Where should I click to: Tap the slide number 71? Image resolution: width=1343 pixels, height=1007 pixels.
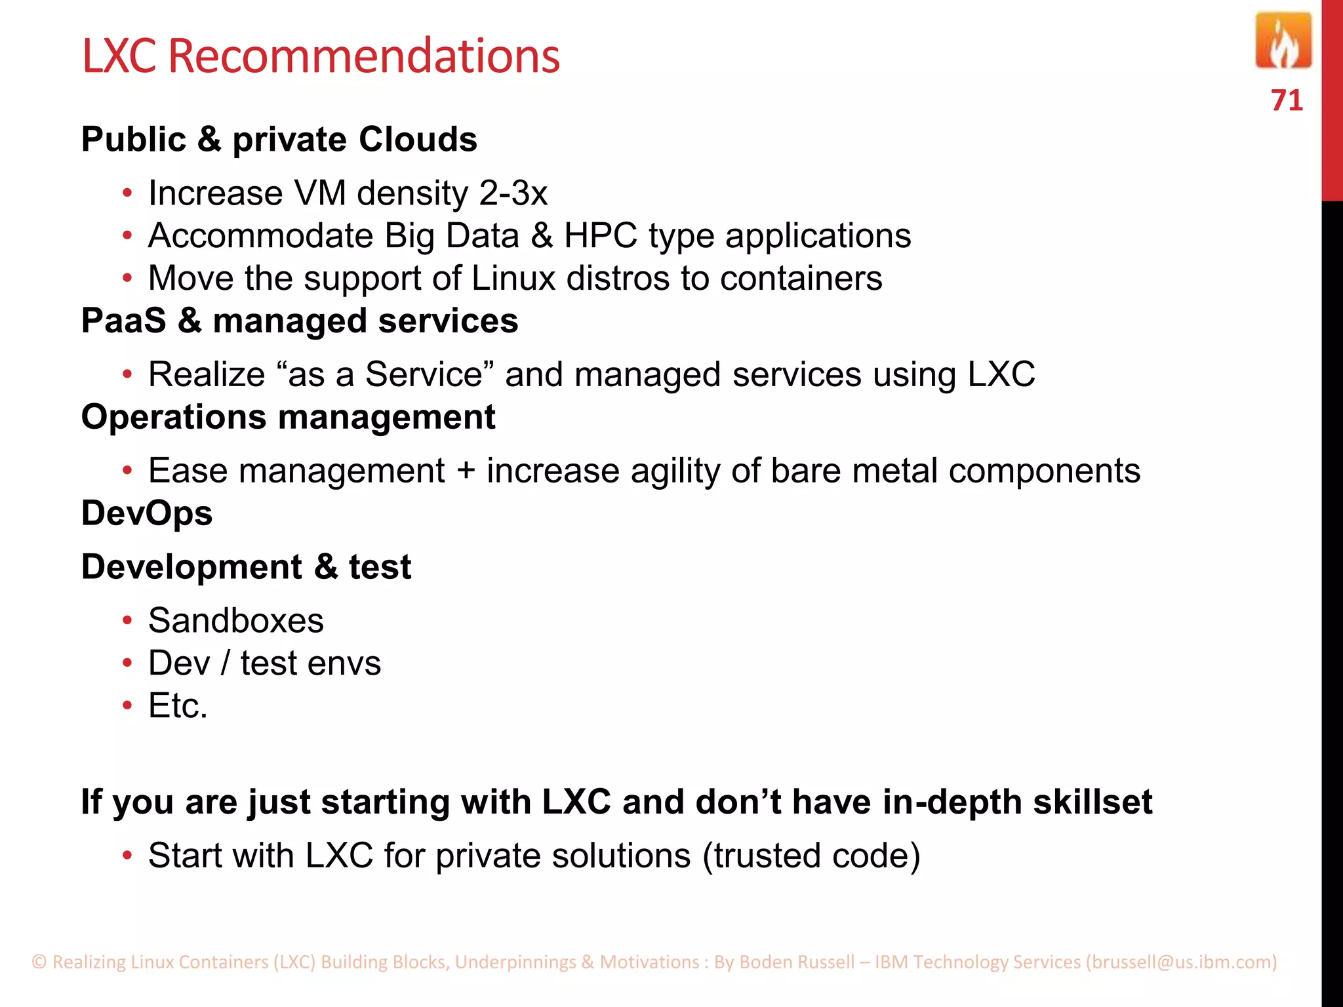pos(1287,100)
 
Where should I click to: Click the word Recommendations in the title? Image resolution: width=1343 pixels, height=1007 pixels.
pos(364,56)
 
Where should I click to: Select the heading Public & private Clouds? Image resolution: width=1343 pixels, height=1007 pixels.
pos(279,140)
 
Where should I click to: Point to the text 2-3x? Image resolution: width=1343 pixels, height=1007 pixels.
pos(513,193)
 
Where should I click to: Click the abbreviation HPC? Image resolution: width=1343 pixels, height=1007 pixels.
pos(600,236)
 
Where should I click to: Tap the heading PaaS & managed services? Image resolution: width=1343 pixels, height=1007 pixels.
pos(300,321)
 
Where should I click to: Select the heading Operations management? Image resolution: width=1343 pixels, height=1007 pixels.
pos(288,418)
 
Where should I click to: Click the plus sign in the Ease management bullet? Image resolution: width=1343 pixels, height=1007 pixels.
pos(466,471)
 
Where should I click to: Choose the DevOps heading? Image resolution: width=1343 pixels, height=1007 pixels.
pos(147,513)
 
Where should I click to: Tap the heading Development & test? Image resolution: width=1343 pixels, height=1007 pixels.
pos(246,567)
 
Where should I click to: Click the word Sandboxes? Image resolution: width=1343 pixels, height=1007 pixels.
pos(236,620)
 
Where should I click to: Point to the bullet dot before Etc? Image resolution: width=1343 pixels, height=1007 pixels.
pos(128,706)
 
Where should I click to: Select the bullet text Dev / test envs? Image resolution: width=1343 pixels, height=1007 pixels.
pos(264,663)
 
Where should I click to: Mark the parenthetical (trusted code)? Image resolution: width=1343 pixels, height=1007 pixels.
pos(812,856)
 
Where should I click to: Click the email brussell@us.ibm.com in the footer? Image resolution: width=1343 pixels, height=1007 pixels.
pos(1181,962)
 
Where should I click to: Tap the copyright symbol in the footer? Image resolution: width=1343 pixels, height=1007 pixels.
pos(39,962)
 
